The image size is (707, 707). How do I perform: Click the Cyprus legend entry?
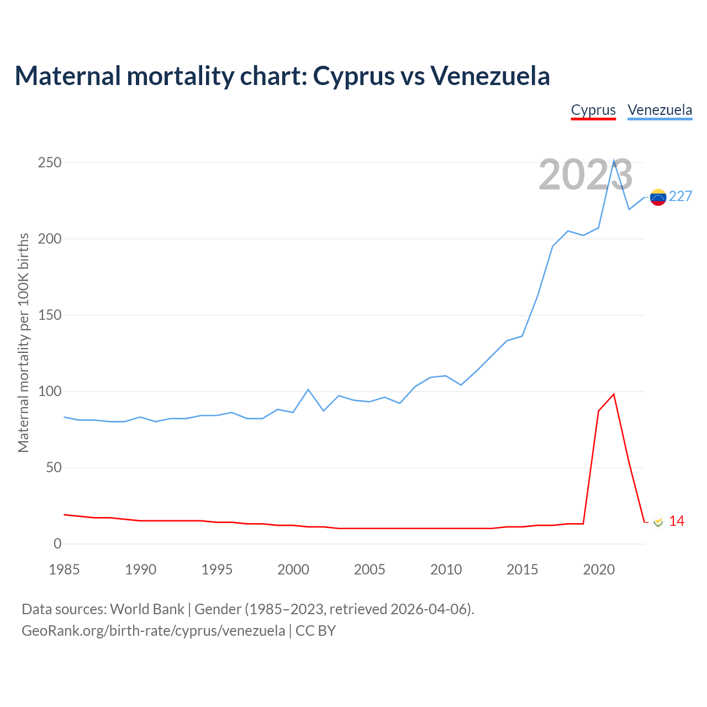point(593,110)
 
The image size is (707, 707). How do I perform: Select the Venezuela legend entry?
point(659,110)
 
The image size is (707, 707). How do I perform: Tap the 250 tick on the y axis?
point(50,163)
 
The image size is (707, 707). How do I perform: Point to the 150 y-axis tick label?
point(50,315)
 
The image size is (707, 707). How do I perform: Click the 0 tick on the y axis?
point(57,544)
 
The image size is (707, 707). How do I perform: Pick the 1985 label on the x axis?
point(64,569)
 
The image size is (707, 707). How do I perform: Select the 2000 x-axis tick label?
point(293,569)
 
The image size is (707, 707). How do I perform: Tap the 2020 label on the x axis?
point(599,569)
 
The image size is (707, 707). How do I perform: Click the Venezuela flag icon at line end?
point(658,197)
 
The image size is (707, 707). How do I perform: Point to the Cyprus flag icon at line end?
point(658,521)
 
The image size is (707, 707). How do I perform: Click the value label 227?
point(680,197)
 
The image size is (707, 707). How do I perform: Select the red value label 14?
point(677,521)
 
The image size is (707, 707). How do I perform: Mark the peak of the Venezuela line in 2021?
point(614,161)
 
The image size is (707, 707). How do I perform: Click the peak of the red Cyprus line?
point(614,394)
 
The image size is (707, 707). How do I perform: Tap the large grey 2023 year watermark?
point(585,175)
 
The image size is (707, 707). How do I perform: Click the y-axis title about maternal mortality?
point(23,342)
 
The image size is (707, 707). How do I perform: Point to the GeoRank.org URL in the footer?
point(154,631)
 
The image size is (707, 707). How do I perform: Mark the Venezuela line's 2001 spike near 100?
point(308,389)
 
